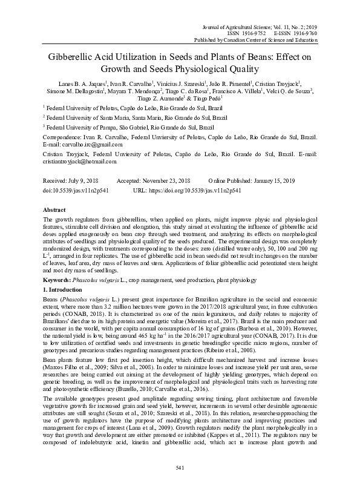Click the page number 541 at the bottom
coord(180,468)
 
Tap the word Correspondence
coord(65,138)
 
